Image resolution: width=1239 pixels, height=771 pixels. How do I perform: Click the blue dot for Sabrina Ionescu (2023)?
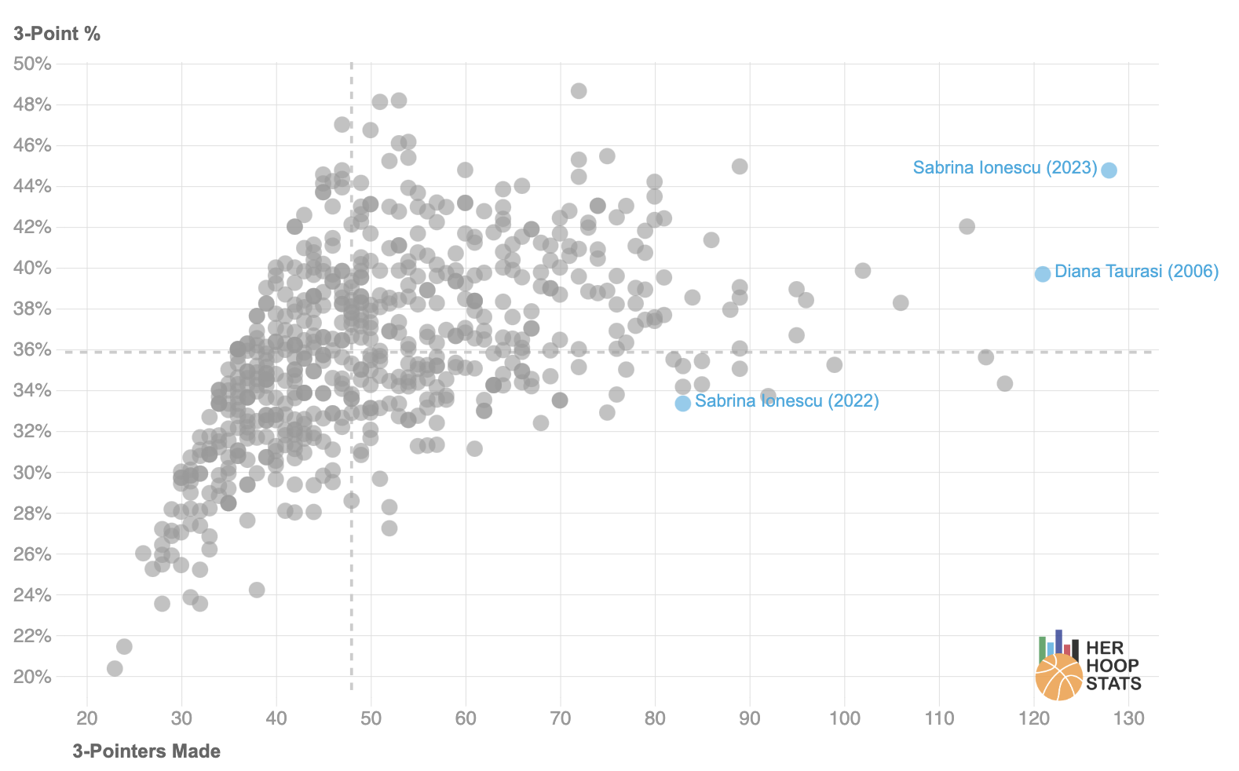pos(1109,170)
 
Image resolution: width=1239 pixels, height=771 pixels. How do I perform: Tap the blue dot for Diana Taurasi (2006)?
pos(1042,274)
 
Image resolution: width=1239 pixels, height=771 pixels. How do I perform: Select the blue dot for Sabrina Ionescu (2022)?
pos(683,403)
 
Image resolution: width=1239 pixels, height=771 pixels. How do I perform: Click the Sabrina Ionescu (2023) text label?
pos(1004,168)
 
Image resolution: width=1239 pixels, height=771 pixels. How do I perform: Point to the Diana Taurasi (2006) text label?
pos(1136,272)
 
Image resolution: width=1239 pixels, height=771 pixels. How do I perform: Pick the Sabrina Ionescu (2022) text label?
pos(787,401)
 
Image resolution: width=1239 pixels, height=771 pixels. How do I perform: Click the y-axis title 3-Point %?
pos(57,34)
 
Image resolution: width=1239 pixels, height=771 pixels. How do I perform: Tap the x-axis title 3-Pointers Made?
pos(147,751)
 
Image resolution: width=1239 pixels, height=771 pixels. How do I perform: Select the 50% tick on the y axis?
pos(32,64)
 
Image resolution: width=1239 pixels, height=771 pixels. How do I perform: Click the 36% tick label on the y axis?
pos(32,349)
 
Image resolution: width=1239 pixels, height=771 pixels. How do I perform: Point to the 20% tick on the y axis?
pos(32,677)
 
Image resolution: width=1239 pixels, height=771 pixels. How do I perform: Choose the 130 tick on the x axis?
pos(1128,718)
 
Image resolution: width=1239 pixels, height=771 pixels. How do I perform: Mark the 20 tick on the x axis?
pos(87,718)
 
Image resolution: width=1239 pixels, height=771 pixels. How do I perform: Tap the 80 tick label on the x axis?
pos(655,718)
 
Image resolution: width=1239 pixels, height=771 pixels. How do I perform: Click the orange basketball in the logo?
pos(1058,677)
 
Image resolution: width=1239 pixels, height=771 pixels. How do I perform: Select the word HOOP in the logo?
pos(1112,666)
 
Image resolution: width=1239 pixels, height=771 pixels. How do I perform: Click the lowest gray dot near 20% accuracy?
pos(115,669)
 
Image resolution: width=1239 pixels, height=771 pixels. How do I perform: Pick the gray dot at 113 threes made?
pos(967,227)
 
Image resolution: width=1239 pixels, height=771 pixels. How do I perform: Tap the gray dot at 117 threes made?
pos(1004,384)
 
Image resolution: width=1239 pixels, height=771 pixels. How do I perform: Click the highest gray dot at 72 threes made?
pos(579,91)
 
